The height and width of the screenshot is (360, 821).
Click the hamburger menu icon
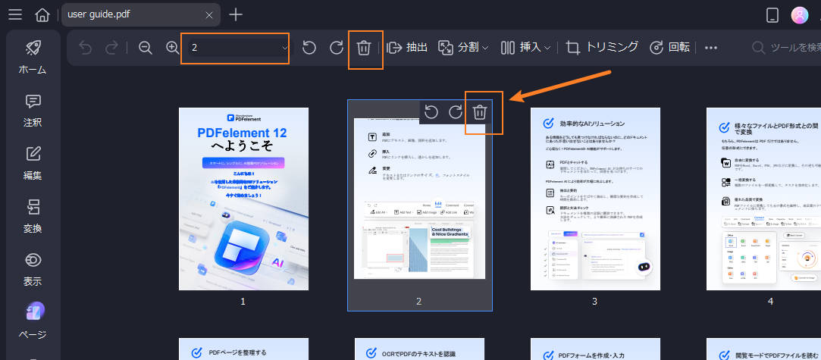tap(15, 14)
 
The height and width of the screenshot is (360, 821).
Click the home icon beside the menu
tap(43, 14)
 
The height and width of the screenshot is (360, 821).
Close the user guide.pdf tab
tap(209, 14)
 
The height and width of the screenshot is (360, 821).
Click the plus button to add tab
tap(237, 14)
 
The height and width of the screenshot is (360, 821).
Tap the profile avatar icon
tap(800, 14)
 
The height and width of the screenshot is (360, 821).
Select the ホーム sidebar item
tap(33, 57)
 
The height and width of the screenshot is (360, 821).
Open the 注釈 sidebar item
tap(33, 110)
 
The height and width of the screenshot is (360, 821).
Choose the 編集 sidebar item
tap(33, 163)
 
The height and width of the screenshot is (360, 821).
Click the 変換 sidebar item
tap(33, 216)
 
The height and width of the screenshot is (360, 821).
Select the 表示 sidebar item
tap(33, 269)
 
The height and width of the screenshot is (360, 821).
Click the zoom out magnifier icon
tap(146, 47)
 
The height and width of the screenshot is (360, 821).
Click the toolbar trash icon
tap(364, 48)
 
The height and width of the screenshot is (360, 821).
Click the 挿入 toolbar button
tap(525, 47)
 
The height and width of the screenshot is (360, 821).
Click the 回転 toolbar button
tap(670, 47)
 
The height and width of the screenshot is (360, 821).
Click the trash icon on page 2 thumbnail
tap(480, 112)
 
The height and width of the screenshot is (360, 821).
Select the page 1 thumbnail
tap(243, 199)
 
